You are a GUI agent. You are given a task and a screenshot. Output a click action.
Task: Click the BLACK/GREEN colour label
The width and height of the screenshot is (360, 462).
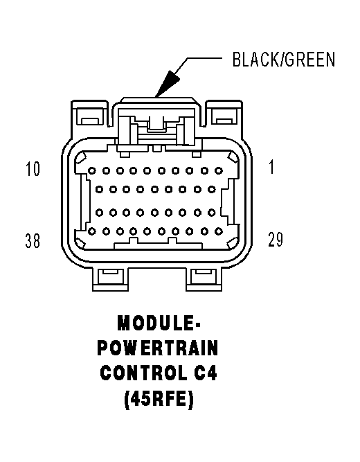[x=283, y=60]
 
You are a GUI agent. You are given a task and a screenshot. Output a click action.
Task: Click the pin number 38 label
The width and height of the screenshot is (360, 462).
[x=32, y=241]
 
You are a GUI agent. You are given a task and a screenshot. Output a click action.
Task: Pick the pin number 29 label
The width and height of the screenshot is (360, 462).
[x=275, y=240]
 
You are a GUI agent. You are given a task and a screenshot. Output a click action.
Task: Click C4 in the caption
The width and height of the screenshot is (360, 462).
[x=206, y=374]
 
